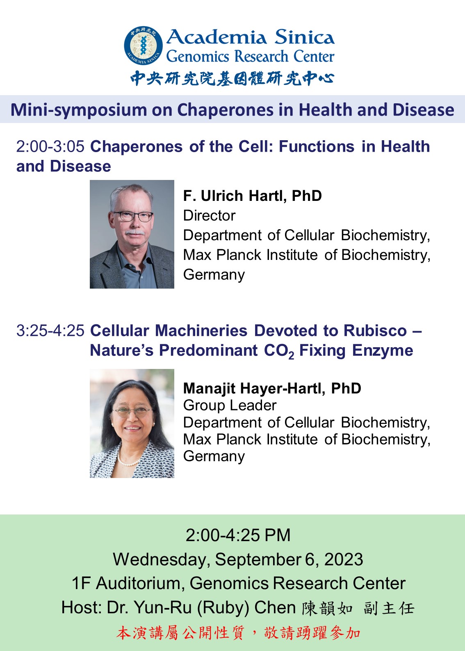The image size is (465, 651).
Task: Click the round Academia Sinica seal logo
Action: pyautogui.click(x=143, y=45)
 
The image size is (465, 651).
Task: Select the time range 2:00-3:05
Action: pyautogui.click(x=50, y=146)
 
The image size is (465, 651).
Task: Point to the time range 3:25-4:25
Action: pyautogui.click(x=50, y=331)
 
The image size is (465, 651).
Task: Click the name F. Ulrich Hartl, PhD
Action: pyautogui.click(x=253, y=196)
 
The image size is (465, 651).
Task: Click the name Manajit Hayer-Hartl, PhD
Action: pyautogui.click(x=272, y=388)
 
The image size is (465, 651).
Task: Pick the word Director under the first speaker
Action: pyautogui.click(x=209, y=216)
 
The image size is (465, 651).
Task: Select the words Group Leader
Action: pyautogui.click(x=230, y=405)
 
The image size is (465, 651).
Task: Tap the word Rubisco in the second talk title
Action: pyautogui.click(x=375, y=331)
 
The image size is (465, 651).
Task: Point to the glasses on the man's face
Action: pyautogui.click(x=133, y=216)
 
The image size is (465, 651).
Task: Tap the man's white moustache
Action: pyautogui.click(x=134, y=232)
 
